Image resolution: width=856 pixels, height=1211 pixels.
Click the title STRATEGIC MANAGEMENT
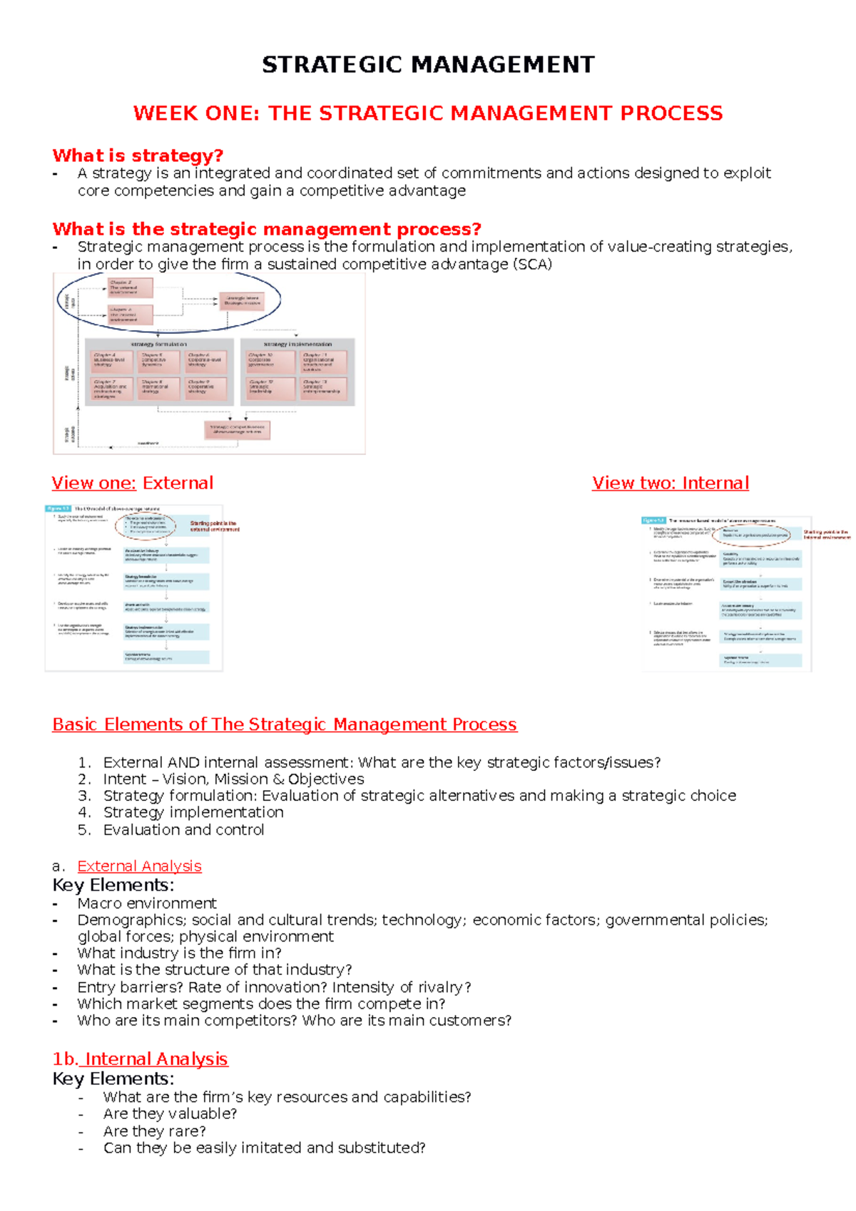(428, 65)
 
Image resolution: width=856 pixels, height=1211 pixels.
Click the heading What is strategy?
(138, 155)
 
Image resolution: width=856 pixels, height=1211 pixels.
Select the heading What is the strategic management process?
(267, 229)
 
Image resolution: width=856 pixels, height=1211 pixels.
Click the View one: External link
(132, 483)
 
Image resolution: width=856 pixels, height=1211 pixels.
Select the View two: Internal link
(670, 483)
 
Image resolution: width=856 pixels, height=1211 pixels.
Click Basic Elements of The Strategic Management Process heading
(284, 725)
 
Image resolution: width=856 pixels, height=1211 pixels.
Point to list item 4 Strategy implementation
(193, 812)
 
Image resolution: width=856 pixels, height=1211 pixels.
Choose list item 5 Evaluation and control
(183, 829)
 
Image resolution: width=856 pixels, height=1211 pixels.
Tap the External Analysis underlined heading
(139, 866)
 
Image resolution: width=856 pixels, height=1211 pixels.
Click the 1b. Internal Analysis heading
(140, 1059)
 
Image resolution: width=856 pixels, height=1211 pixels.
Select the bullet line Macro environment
(147, 903)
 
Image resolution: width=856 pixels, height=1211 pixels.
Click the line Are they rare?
(154, 1131)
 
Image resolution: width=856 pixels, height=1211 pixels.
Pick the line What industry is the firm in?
(179, 953)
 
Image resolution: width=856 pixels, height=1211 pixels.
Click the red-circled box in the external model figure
(146, 526)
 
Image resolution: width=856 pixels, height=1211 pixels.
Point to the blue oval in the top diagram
(169, 301)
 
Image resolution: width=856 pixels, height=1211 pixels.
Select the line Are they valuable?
(170, 1114)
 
